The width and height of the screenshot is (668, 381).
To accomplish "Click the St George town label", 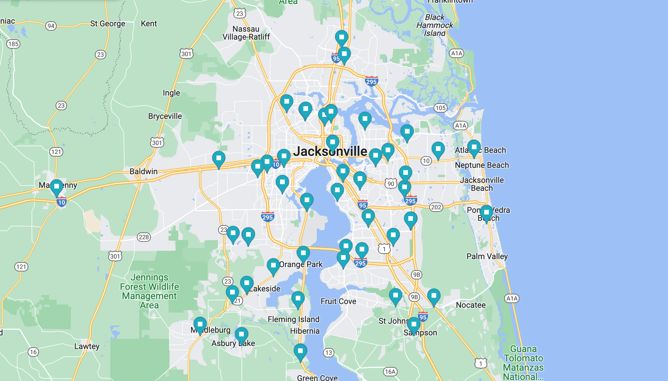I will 108,24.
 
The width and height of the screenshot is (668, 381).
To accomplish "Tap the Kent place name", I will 149,24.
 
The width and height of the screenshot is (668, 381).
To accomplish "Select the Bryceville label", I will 165,116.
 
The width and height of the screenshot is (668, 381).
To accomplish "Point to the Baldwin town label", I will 144,172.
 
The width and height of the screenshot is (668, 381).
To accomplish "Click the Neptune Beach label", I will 482,165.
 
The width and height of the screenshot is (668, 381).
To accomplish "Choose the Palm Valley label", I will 487,256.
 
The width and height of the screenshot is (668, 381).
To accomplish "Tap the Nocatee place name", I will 471,305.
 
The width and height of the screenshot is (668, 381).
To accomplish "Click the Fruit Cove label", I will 338,301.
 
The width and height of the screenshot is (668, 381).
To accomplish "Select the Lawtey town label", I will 87,346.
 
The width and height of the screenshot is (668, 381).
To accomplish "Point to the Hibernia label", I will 305,331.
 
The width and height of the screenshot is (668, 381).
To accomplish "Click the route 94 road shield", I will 51,26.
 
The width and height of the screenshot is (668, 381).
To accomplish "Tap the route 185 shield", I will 13,44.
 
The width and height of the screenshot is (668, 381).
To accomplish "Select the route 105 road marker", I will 440,108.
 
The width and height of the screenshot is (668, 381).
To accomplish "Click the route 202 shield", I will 436,207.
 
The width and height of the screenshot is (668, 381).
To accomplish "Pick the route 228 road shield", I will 144,237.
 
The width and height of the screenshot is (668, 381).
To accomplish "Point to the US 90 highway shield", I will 391,184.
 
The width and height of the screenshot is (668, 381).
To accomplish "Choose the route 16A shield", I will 390,372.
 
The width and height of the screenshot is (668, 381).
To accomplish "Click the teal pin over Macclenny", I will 57,187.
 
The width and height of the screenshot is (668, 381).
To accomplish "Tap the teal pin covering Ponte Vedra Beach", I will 486,213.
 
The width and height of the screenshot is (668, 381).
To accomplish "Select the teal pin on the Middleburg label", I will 200,325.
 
